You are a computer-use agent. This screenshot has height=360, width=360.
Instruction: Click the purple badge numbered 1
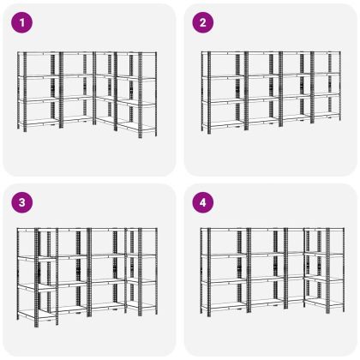click(22, 22)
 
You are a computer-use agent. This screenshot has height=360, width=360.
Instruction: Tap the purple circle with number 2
click(203, 22)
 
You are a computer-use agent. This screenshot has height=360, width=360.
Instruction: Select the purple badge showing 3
click(22, 202)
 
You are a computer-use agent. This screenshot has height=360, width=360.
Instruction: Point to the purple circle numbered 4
click(203, 202)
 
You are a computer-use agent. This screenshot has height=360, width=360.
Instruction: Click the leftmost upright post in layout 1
click(18, 90)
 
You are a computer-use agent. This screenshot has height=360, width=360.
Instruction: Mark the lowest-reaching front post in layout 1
click(141, 95)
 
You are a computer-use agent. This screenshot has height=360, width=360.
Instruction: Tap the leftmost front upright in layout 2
click(209, 93)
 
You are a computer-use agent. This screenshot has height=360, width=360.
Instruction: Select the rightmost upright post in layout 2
click(339, 86)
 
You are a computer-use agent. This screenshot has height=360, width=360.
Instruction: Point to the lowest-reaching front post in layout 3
click(36, 278)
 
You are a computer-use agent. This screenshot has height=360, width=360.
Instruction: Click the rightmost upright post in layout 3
click(156, 271)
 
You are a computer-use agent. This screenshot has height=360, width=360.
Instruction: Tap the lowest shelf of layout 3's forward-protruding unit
click(46, 315)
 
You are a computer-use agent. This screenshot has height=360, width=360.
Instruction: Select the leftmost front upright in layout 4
click(209, 272)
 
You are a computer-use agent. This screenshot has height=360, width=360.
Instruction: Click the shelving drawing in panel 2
click(271, 93)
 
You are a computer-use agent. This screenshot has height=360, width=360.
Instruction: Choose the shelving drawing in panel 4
click(273, 272)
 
